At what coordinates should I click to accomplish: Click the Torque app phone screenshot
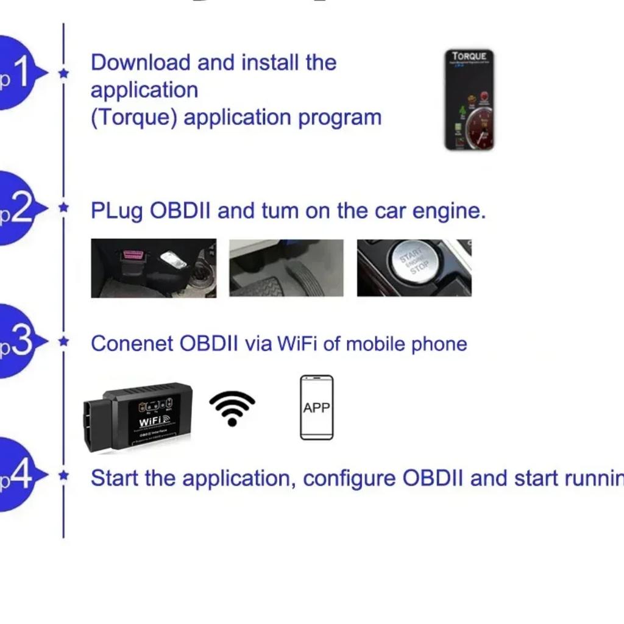pos(469,100)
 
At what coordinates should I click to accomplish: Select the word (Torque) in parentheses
pos(134,117)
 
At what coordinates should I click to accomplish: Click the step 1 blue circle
pos(15,73)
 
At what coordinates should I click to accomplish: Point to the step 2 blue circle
pos(15,208)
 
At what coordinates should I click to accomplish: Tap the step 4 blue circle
pos(15,475)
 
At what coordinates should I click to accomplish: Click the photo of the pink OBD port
pos(153,268)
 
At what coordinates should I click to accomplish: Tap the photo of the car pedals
pos(286,268)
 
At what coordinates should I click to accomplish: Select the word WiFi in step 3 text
pos(297,344)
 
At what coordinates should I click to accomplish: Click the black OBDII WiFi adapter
pos(138,416)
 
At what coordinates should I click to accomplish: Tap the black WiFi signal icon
pos(232,408)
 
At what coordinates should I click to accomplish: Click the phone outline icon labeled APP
pos(316,407)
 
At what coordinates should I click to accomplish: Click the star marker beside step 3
pos(63,342)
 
